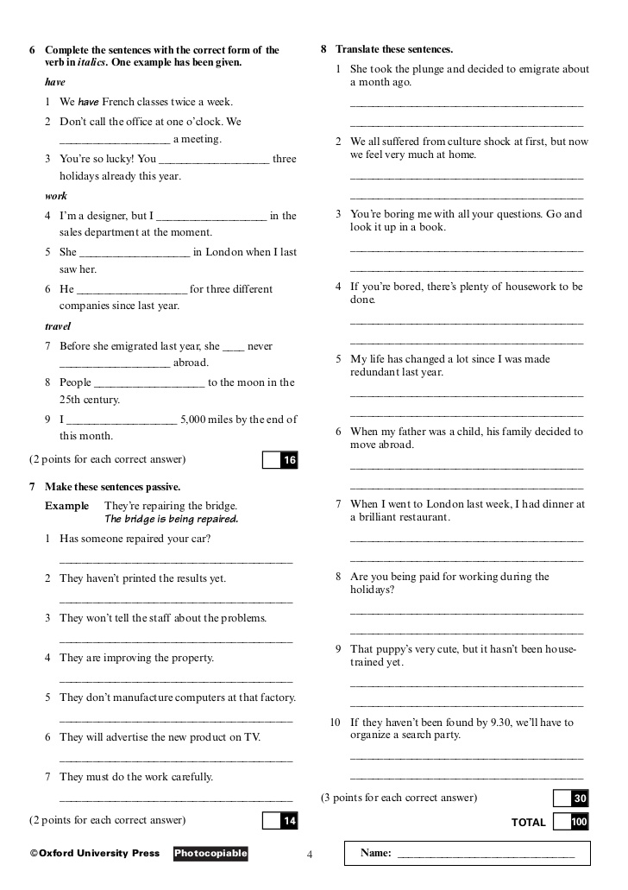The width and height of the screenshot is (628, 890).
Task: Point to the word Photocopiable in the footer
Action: point(210,854)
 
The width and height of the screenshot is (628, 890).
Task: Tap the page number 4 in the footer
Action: point(310,855)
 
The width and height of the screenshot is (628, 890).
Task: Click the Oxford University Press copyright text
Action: point(95,854)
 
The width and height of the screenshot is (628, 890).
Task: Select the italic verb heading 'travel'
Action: point(58,327)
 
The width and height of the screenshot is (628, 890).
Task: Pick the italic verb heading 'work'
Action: point(56,196)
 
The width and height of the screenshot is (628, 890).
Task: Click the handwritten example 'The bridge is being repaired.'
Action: point(171,520)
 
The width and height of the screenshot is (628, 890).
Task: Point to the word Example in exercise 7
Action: point(66,506)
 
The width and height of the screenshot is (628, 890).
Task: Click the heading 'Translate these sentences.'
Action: point(394,49)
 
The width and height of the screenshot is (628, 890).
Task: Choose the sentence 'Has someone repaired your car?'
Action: point(135,539)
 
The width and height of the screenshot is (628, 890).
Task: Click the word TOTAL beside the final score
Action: point(529,823)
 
